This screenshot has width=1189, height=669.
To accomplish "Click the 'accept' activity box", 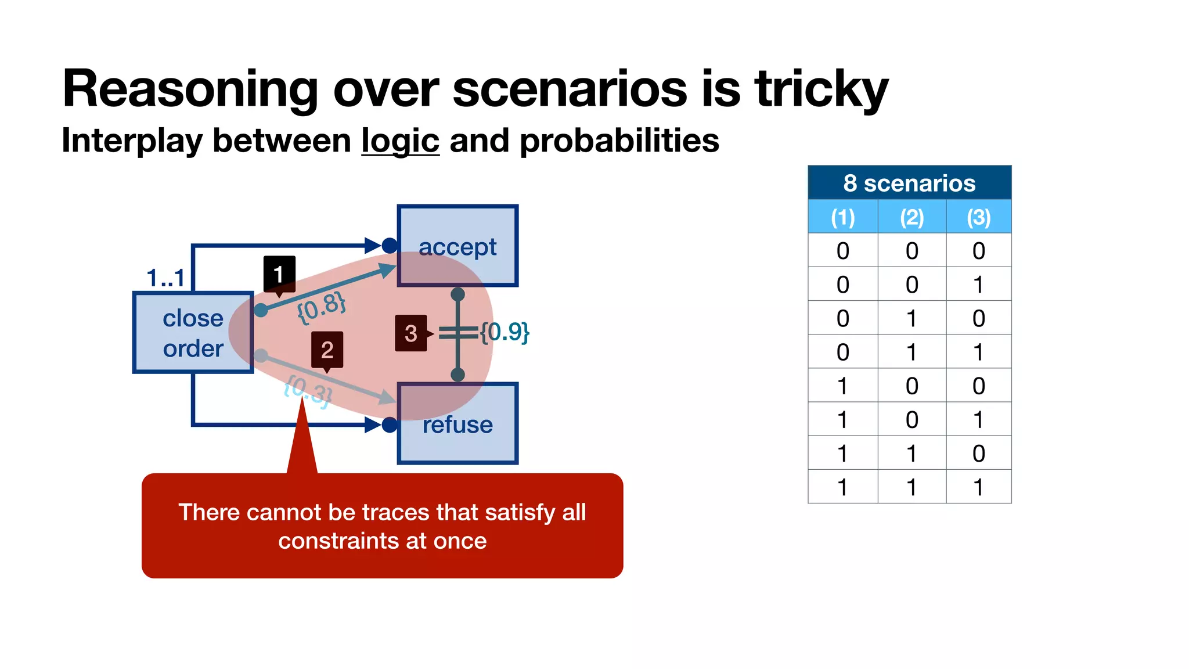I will coord(457,246).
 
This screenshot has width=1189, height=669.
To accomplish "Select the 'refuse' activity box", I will coord(457,424).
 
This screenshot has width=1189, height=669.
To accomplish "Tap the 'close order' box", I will coord(193,333).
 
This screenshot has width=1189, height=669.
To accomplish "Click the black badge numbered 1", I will coord(279,274).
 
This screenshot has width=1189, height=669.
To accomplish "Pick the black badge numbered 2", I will coord(327,350).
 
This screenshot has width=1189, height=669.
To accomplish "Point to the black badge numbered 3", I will coord(410,333).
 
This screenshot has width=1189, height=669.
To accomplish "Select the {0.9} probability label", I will coord(505,332).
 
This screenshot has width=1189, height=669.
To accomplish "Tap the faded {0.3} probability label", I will coord(308,390).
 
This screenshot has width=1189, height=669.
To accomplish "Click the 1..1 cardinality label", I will coord(165,278).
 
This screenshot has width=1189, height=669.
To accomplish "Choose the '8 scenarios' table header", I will coord(909,183).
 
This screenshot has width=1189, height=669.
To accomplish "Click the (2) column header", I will coord(911,217).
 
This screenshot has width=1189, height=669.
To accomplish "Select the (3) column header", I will coord(978,217).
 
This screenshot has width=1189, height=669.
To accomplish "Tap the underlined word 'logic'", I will coord(400,141).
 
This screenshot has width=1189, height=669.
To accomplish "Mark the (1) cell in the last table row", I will coord(842,487).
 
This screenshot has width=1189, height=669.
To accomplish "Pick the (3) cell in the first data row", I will coord(978,251).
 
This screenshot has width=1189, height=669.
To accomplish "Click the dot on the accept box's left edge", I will coord(390,246).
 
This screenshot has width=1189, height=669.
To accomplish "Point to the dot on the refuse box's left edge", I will coord(390,425).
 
